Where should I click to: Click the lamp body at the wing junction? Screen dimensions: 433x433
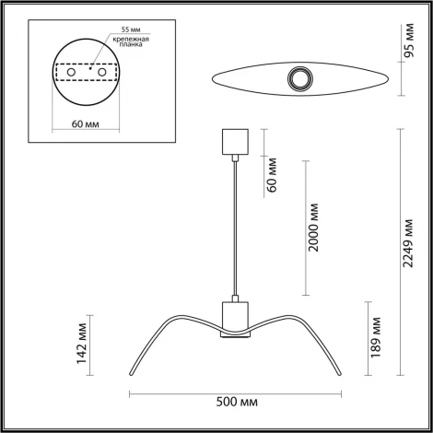(235, 317)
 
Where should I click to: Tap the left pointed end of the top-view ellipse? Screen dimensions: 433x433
(199, 77)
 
